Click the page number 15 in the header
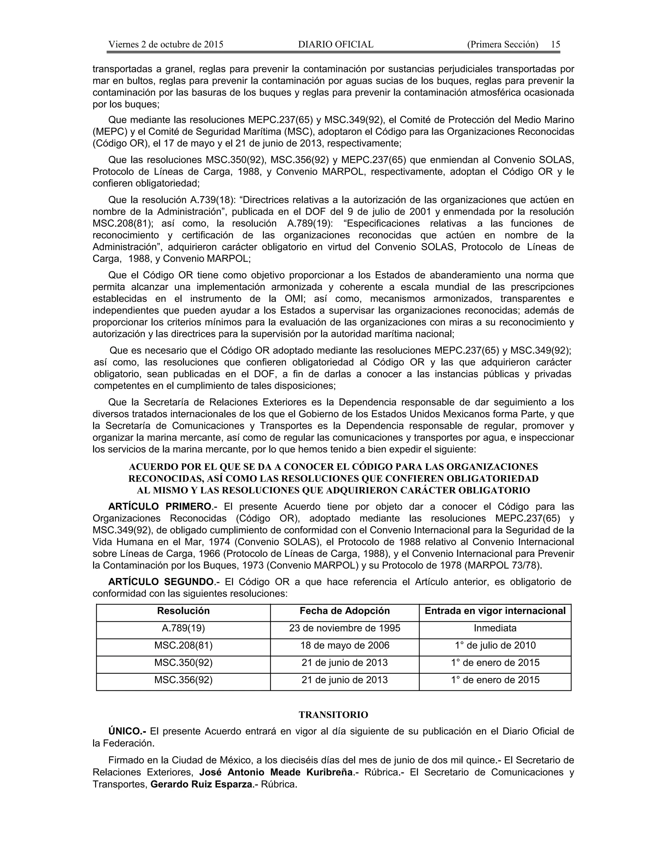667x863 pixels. point(555,44)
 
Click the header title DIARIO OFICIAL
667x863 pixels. point(335,44)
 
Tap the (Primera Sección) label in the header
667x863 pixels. point(502,44)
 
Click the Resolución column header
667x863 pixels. point(183,611)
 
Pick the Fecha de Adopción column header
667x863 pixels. point(345,611)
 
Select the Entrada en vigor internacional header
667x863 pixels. point(495,611)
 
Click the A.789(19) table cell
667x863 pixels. point(183,628)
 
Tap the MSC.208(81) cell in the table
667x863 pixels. point(183,645)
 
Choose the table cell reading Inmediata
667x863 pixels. point(495,628)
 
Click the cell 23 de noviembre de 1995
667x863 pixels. point(345,628)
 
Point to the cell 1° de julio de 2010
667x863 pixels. point(495,645)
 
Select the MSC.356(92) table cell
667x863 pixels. point(183,680)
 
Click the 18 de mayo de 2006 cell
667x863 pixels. point(345,645)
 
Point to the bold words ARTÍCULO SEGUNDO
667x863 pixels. point(161,582)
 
